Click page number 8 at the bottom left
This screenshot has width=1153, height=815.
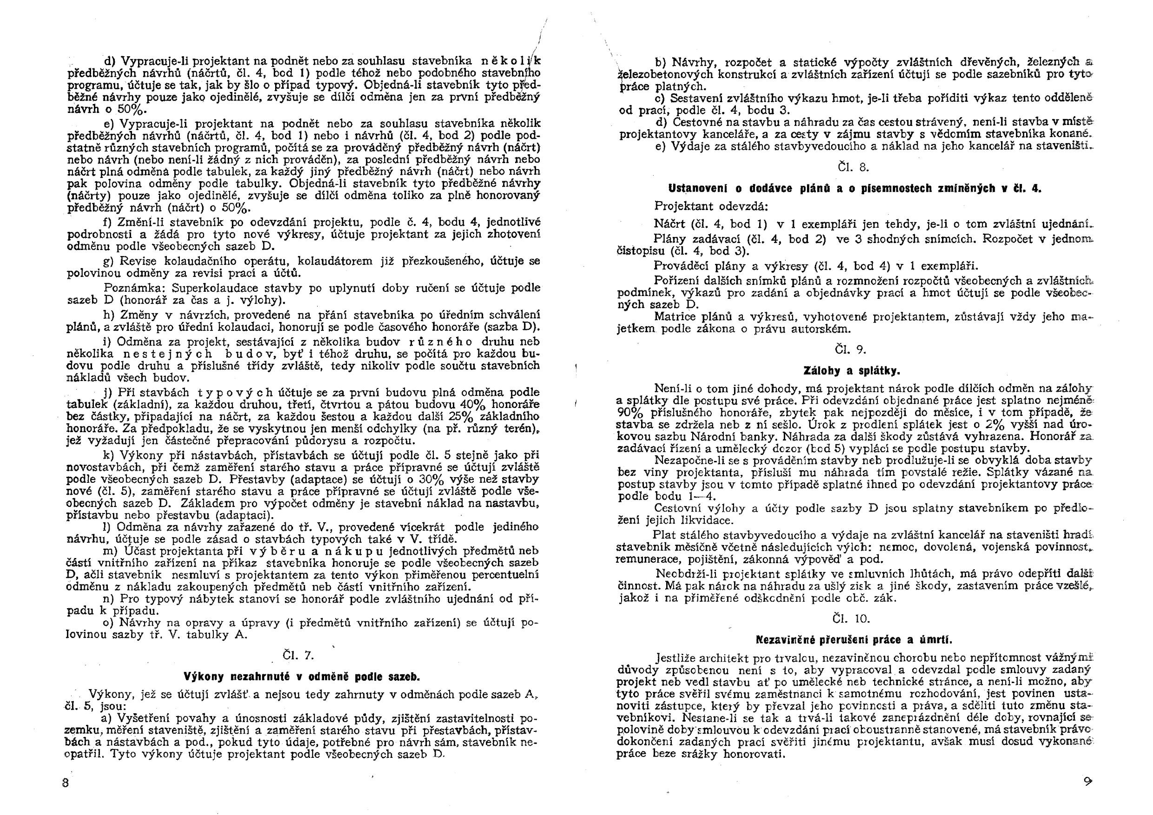pyautogui.click(x=65, y=783)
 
